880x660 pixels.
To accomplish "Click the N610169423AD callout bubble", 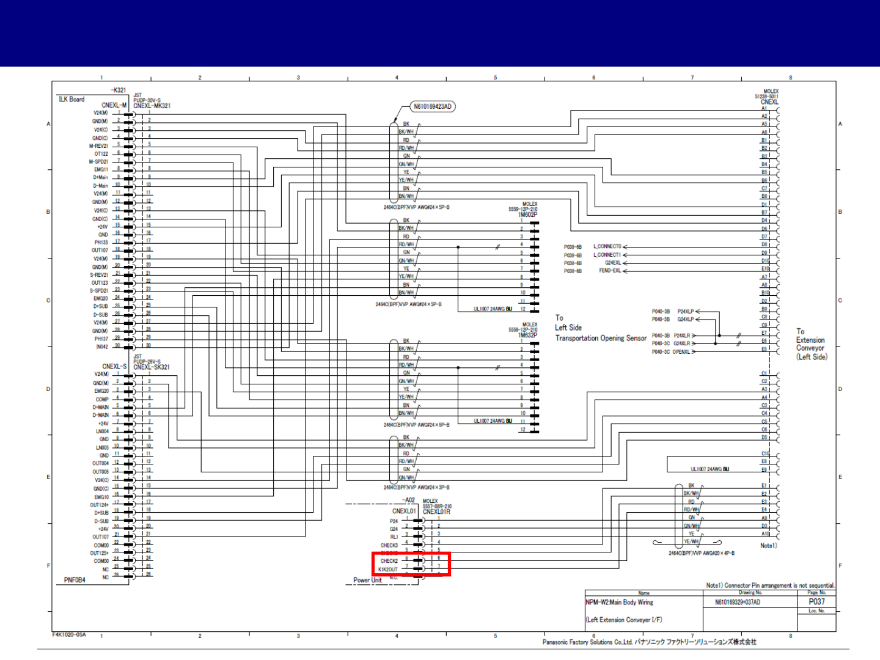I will coord(433,106).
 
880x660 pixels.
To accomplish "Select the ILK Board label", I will coord(71,99).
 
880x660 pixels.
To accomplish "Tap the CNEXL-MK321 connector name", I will coord(152,106).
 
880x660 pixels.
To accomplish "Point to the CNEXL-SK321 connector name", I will coord(151,367).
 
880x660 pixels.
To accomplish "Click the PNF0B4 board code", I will coord(75,580).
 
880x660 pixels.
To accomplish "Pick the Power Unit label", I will coord(367,581).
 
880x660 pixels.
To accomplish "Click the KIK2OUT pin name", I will coord(387,570).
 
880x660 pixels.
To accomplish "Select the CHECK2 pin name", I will coord(389,561).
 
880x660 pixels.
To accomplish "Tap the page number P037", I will coord(816,601).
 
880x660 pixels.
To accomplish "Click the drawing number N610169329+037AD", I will coord(738,602).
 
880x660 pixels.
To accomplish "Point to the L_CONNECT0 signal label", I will coord(607,247).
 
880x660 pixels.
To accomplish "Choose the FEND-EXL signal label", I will coord(609,271).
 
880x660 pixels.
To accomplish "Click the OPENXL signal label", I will coord(681,351).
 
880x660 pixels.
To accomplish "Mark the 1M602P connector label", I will coord(527,215).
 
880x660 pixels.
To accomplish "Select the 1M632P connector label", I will coord(527,335).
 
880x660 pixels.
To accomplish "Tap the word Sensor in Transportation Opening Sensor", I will coord(636,338).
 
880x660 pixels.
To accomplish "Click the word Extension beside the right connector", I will coord(810,340).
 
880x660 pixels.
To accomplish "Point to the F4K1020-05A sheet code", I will coord(69,634).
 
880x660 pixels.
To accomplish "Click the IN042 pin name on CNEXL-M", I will coord(101,346).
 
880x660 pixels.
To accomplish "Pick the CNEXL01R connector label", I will coord(436,512).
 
